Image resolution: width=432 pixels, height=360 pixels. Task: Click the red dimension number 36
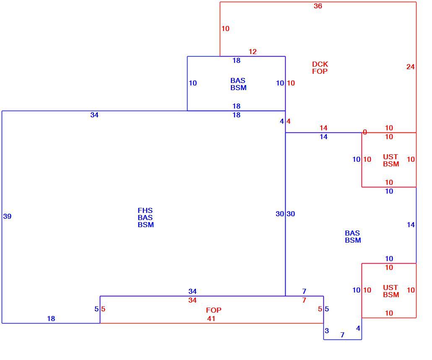tap(317, 6)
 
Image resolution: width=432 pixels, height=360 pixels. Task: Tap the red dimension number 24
tap(410, 67)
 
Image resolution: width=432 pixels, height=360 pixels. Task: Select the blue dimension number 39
tap(7, 216)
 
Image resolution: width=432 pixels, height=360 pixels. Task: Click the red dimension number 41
tap(211, 319)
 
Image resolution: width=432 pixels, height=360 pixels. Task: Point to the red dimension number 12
tap(252, 52)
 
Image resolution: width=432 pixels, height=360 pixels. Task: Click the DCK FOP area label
tap(320, 68)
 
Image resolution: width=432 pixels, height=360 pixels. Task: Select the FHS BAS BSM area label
tap(146, 218)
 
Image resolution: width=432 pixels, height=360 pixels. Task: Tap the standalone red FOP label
tap(213, 310)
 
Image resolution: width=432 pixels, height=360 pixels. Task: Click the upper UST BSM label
tap(391, 161)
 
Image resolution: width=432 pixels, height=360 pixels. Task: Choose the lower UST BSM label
tap(391, 291)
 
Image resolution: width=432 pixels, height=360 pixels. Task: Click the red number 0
tap(365, 132)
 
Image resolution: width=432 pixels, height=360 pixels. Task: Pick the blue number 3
tap(327, 331)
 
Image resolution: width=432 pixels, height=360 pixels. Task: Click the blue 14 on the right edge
tap(411, 225)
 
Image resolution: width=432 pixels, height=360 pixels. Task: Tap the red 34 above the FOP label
tap(193, 300)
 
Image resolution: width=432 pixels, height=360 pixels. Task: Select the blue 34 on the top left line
tap(94, 115)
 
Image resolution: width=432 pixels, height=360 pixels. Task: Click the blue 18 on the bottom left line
tap(51, 319)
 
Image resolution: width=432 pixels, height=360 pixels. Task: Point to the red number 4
tap(289, 122)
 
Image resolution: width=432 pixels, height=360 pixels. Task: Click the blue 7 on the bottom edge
tap(342, 335)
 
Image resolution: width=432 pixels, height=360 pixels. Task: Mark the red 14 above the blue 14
tap(323, 128)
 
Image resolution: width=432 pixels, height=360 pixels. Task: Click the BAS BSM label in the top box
tap(238, 84)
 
